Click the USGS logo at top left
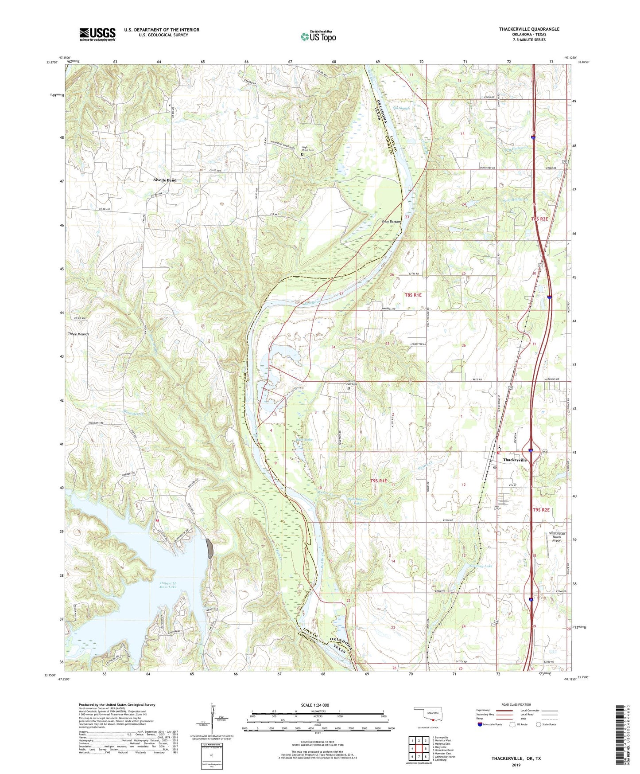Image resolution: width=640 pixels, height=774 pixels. [97, 34]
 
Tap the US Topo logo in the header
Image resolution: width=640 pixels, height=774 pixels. [318, 36]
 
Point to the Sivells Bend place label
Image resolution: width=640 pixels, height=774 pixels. [165, 180]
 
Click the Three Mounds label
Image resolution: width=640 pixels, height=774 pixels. [78, 334]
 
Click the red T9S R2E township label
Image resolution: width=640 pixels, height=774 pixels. [541, 510]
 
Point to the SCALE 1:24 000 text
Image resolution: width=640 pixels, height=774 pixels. [314, 705]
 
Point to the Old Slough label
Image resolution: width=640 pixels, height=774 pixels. [402, 107]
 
